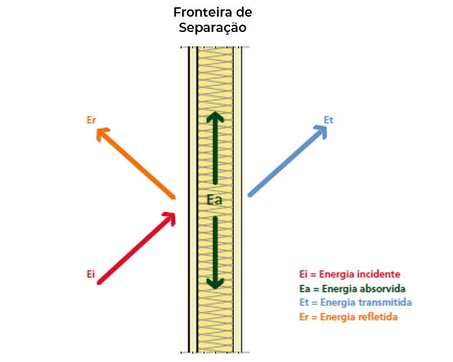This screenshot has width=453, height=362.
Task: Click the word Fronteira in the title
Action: pos(203,13)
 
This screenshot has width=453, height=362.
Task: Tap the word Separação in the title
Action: pos(213,28)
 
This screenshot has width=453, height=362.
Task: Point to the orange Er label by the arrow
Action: pos(91,120)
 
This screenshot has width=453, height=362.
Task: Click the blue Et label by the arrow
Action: pos(328,120)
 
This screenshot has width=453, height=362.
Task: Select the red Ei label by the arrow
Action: pos(91,274)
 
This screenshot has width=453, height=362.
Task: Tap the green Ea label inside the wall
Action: pos(215,200)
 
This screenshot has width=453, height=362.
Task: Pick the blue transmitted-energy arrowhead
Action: pos(321,132)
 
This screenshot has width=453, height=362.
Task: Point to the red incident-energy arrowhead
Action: pos(169,219)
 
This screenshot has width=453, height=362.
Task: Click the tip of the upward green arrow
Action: pos(215,112)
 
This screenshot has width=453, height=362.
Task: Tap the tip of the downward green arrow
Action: pos(215,289)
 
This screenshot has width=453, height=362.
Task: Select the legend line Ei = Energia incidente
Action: pos(350,274)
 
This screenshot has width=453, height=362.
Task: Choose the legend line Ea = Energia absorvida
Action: pos(352,289)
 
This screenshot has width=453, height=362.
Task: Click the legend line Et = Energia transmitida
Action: pos(356,302)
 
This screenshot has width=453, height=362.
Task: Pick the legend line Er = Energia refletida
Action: pos(349,317)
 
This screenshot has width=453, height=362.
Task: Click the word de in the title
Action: pos(244,13)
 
